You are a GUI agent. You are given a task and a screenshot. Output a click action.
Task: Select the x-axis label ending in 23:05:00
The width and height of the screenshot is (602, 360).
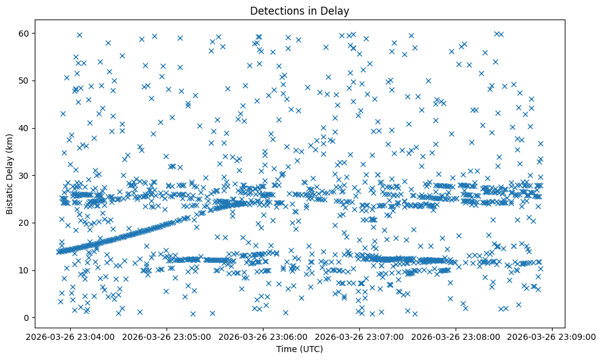coord(167,336)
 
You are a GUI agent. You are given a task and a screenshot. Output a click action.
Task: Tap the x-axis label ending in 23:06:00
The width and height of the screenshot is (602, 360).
coord(263,336)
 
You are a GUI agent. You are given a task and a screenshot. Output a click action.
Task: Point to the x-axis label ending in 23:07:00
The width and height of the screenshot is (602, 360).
coord(359,336)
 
